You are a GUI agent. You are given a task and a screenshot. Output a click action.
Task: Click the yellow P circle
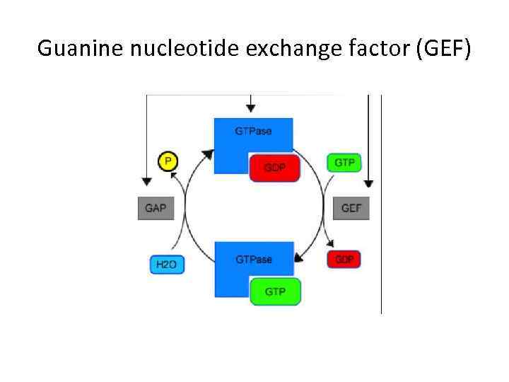(168, 161)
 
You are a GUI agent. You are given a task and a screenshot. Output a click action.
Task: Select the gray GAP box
(156, 209)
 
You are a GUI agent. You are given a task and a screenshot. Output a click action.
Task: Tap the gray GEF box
(351, 209)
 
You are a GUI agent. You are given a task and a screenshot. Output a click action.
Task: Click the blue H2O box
(167, 265)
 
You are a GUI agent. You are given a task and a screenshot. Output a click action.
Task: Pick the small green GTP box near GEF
(344, 162)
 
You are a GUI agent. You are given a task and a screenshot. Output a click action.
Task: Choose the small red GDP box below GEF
(344, 259)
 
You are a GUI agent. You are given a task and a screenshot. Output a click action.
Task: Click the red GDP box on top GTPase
(275, 168)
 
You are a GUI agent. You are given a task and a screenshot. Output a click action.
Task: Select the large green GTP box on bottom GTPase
(275, 291)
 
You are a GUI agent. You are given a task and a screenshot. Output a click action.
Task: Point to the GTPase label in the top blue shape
(253, 131)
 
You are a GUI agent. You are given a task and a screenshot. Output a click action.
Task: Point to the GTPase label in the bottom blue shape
(253, 260)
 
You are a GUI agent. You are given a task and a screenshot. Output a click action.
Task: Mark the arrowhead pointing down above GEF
(368, 183)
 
